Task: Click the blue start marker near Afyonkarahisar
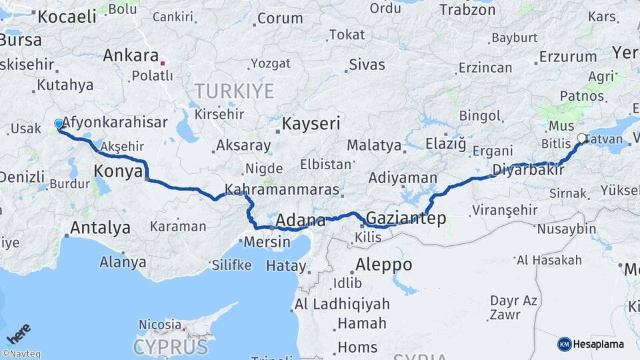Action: tap(59, 124)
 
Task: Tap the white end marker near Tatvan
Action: tap(581, 139)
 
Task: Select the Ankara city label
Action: tap(131, 55)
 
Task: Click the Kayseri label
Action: tap(311, 123)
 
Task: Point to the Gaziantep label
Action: tap(406, 219)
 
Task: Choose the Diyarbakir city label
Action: tap(528, 170)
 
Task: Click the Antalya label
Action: tap(100, 227)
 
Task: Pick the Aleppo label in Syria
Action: tap(383, 264)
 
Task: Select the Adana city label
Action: tap(300, 220)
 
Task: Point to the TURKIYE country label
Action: tap(234, 91)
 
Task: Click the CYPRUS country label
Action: tap(171, 347)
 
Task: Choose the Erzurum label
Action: tap(567, 56)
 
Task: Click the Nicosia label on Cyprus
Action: tap(159, 325)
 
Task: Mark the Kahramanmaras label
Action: tap(282, 190)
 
